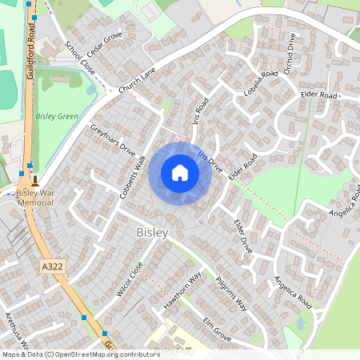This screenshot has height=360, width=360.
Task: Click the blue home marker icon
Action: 180,173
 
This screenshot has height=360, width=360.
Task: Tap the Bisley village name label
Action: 152,232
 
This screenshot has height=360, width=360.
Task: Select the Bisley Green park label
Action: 58,116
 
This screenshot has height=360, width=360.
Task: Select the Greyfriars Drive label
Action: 113,138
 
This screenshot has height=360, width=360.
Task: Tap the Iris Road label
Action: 202,115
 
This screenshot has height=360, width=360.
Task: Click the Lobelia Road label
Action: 257,84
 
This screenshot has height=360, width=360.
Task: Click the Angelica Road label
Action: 292,294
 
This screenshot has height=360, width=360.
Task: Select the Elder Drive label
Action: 242,237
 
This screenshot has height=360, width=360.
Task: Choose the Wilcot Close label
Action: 130,279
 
